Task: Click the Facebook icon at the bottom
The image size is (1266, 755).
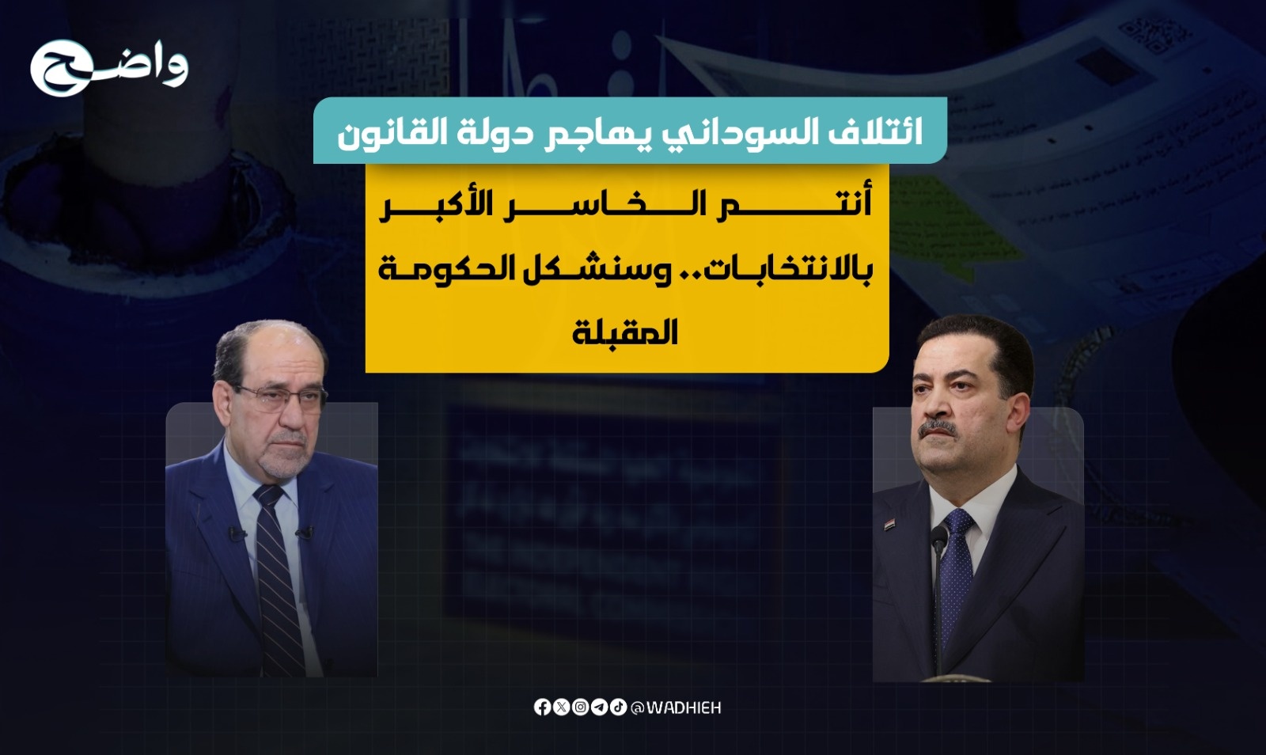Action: (x=542, y=708)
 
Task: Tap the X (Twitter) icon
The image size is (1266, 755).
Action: (x=561, y=708)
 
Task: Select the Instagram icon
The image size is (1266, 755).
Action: (x=581, y=708)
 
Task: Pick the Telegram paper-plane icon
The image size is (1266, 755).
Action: (x=599, y=708)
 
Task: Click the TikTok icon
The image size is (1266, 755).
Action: (x=618, y=708)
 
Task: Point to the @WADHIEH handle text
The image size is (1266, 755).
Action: (x=676, y=708)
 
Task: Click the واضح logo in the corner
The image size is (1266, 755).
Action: (x=109, y=68)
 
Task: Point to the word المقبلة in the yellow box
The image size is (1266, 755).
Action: (x=624, y=332)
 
